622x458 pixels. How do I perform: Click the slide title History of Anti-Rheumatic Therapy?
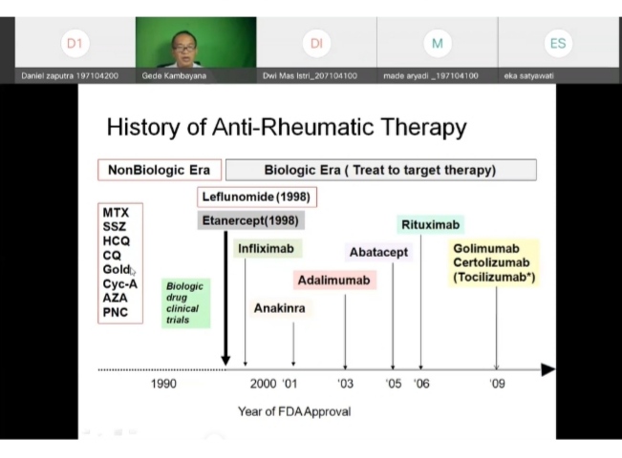click(x=286, y=127)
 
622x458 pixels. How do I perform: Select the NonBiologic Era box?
click(x=159, y=170)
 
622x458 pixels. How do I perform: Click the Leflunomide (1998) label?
click(x=257, y=197)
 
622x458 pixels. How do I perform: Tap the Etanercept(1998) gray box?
click(x=251, y=220)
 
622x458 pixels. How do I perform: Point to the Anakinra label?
click(x=279, y=308)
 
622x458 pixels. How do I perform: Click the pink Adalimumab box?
click(x=334, y=281)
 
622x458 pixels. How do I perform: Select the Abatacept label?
click(x=378, y=252)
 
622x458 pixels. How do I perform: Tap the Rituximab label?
click(x=431, y=225)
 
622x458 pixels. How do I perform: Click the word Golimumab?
click(x=485, y=249)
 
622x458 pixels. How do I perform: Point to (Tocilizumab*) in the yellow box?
click(x=494, y=278)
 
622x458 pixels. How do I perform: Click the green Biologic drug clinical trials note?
click(x=184, y=302)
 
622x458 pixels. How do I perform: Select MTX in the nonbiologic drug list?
click(x=116, y=213)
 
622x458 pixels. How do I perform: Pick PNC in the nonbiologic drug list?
click(x=116, y=312)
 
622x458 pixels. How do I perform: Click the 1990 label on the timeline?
click(x=163, y=384)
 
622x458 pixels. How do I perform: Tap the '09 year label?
click(x=497, y=384)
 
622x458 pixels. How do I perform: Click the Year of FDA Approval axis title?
click(x=294, y=411)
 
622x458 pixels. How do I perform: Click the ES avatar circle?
click(x=558, y=43)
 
